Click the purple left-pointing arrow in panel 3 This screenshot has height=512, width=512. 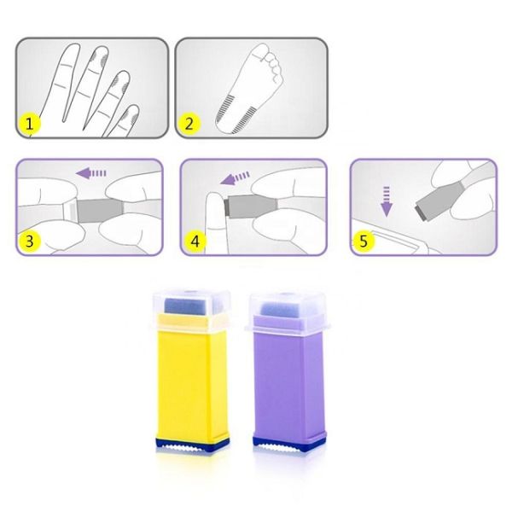95,173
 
